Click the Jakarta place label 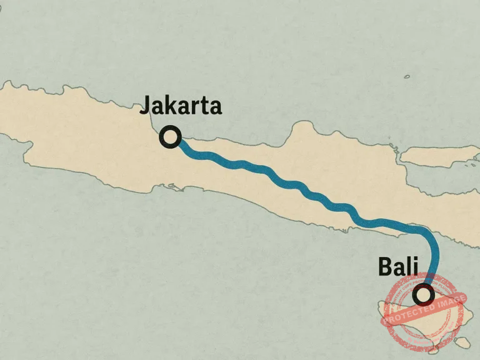pos(180,106)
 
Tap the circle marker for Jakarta pos(170,136)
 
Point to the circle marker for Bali pos(424,293)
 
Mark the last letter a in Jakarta pos(214,107)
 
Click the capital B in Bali pos(386,267)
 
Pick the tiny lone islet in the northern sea pos(407,76)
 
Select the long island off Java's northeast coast pos(437,156)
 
